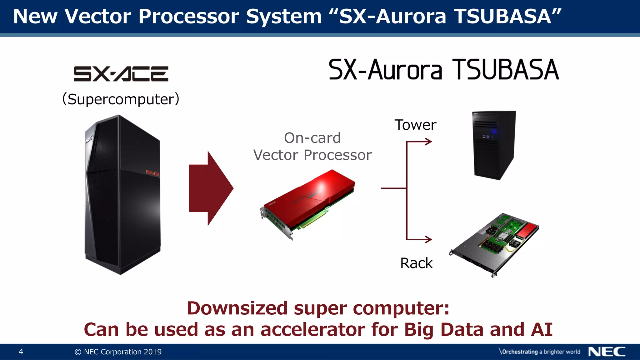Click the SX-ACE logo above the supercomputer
pyautogui.click(x=121, y=74)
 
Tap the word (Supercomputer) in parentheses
pyautogui.click(x=121, y=99)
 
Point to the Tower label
pyautogui.click(x=415, y=125)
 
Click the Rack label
pyautogui.click(x=416, y=263)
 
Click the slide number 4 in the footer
pyautogui.click(x=21, y=352)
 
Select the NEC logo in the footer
pyautogui.click(x=607, y=352)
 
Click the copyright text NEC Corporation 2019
pyautogui.click(x=118, y=352)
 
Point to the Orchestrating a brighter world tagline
pyautogui.click(x=540, y=352)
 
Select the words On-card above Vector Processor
pyautogui.click(x=312, y=138)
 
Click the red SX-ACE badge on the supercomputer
pyautogui.click(x=152, y=173)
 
